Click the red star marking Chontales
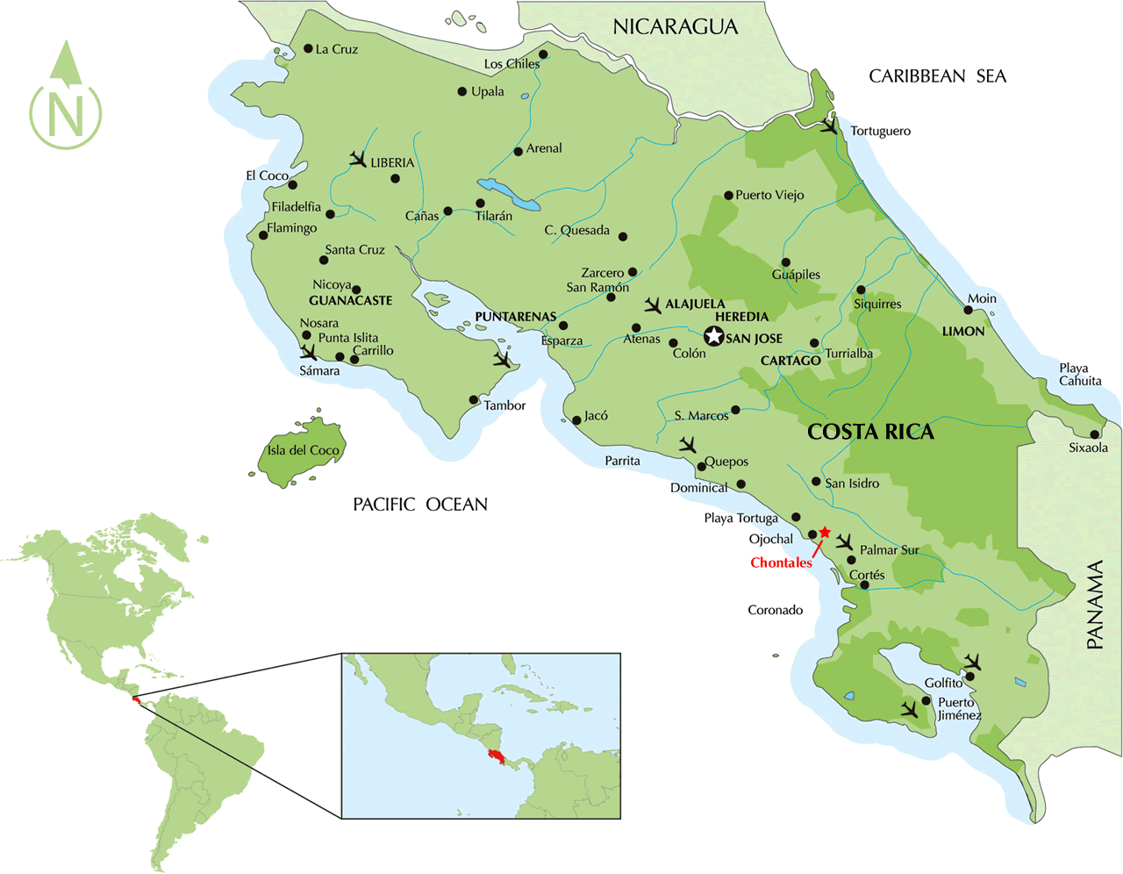825,533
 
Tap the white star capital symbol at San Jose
714,336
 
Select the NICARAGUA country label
675,27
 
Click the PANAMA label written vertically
1095,605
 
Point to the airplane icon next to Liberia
357,159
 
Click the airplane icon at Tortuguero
829,126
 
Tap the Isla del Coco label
303,450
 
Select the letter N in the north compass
66,113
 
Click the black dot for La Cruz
308,49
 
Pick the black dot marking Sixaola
1095,434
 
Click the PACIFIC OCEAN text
419,505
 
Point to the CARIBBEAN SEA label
937,77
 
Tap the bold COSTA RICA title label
870,432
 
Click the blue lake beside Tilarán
509,196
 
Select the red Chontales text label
781,563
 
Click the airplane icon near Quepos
688,446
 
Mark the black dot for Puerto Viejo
728,196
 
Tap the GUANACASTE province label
350,301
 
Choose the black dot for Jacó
576,420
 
